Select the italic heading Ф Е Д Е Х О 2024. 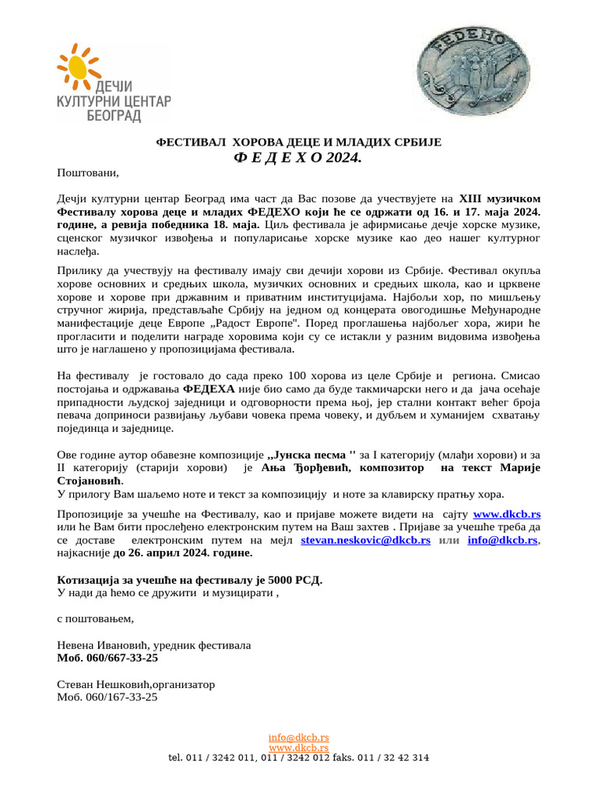298,158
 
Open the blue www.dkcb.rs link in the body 507,514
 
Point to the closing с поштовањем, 96,619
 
